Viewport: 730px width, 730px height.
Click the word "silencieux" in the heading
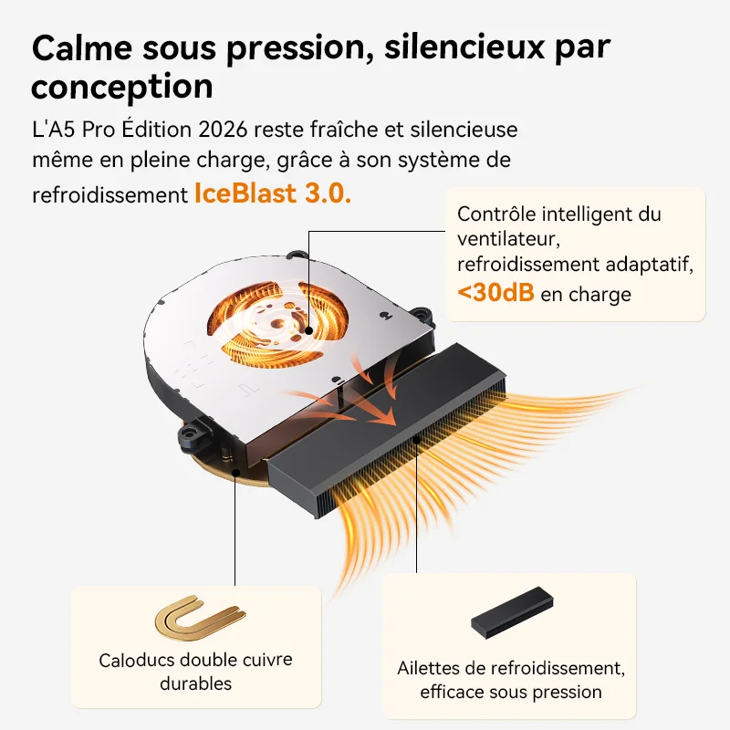(x=464, y=47)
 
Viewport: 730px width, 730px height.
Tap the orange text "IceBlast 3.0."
(x=273, y=193)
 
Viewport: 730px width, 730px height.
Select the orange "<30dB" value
(x=495, y=292)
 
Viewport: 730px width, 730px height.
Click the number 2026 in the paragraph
(x=223, y=130)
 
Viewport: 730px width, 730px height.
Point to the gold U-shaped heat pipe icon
(x=200, y=618)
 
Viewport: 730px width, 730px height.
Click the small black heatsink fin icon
(x=512, y=612)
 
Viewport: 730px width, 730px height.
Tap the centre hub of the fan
(x=278, y=322)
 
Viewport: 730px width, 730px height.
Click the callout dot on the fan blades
(x=308, y=331)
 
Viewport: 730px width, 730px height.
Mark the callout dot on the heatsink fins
(x=417, y=439)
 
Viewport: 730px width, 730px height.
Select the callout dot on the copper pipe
(x=235, y=473)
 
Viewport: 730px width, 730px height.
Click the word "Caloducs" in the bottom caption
(x=137, y=660)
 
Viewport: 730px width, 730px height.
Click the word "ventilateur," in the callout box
(x=508, y=239)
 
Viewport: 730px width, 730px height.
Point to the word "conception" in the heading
(x=122, y=88)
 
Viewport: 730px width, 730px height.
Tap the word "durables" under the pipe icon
(x=195, y=683)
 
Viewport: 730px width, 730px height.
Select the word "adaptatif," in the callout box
(x=650, y=265)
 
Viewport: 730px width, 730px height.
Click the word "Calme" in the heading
(x=82, y=47)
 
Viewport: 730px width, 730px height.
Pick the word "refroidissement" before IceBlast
(x=109, y=195)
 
